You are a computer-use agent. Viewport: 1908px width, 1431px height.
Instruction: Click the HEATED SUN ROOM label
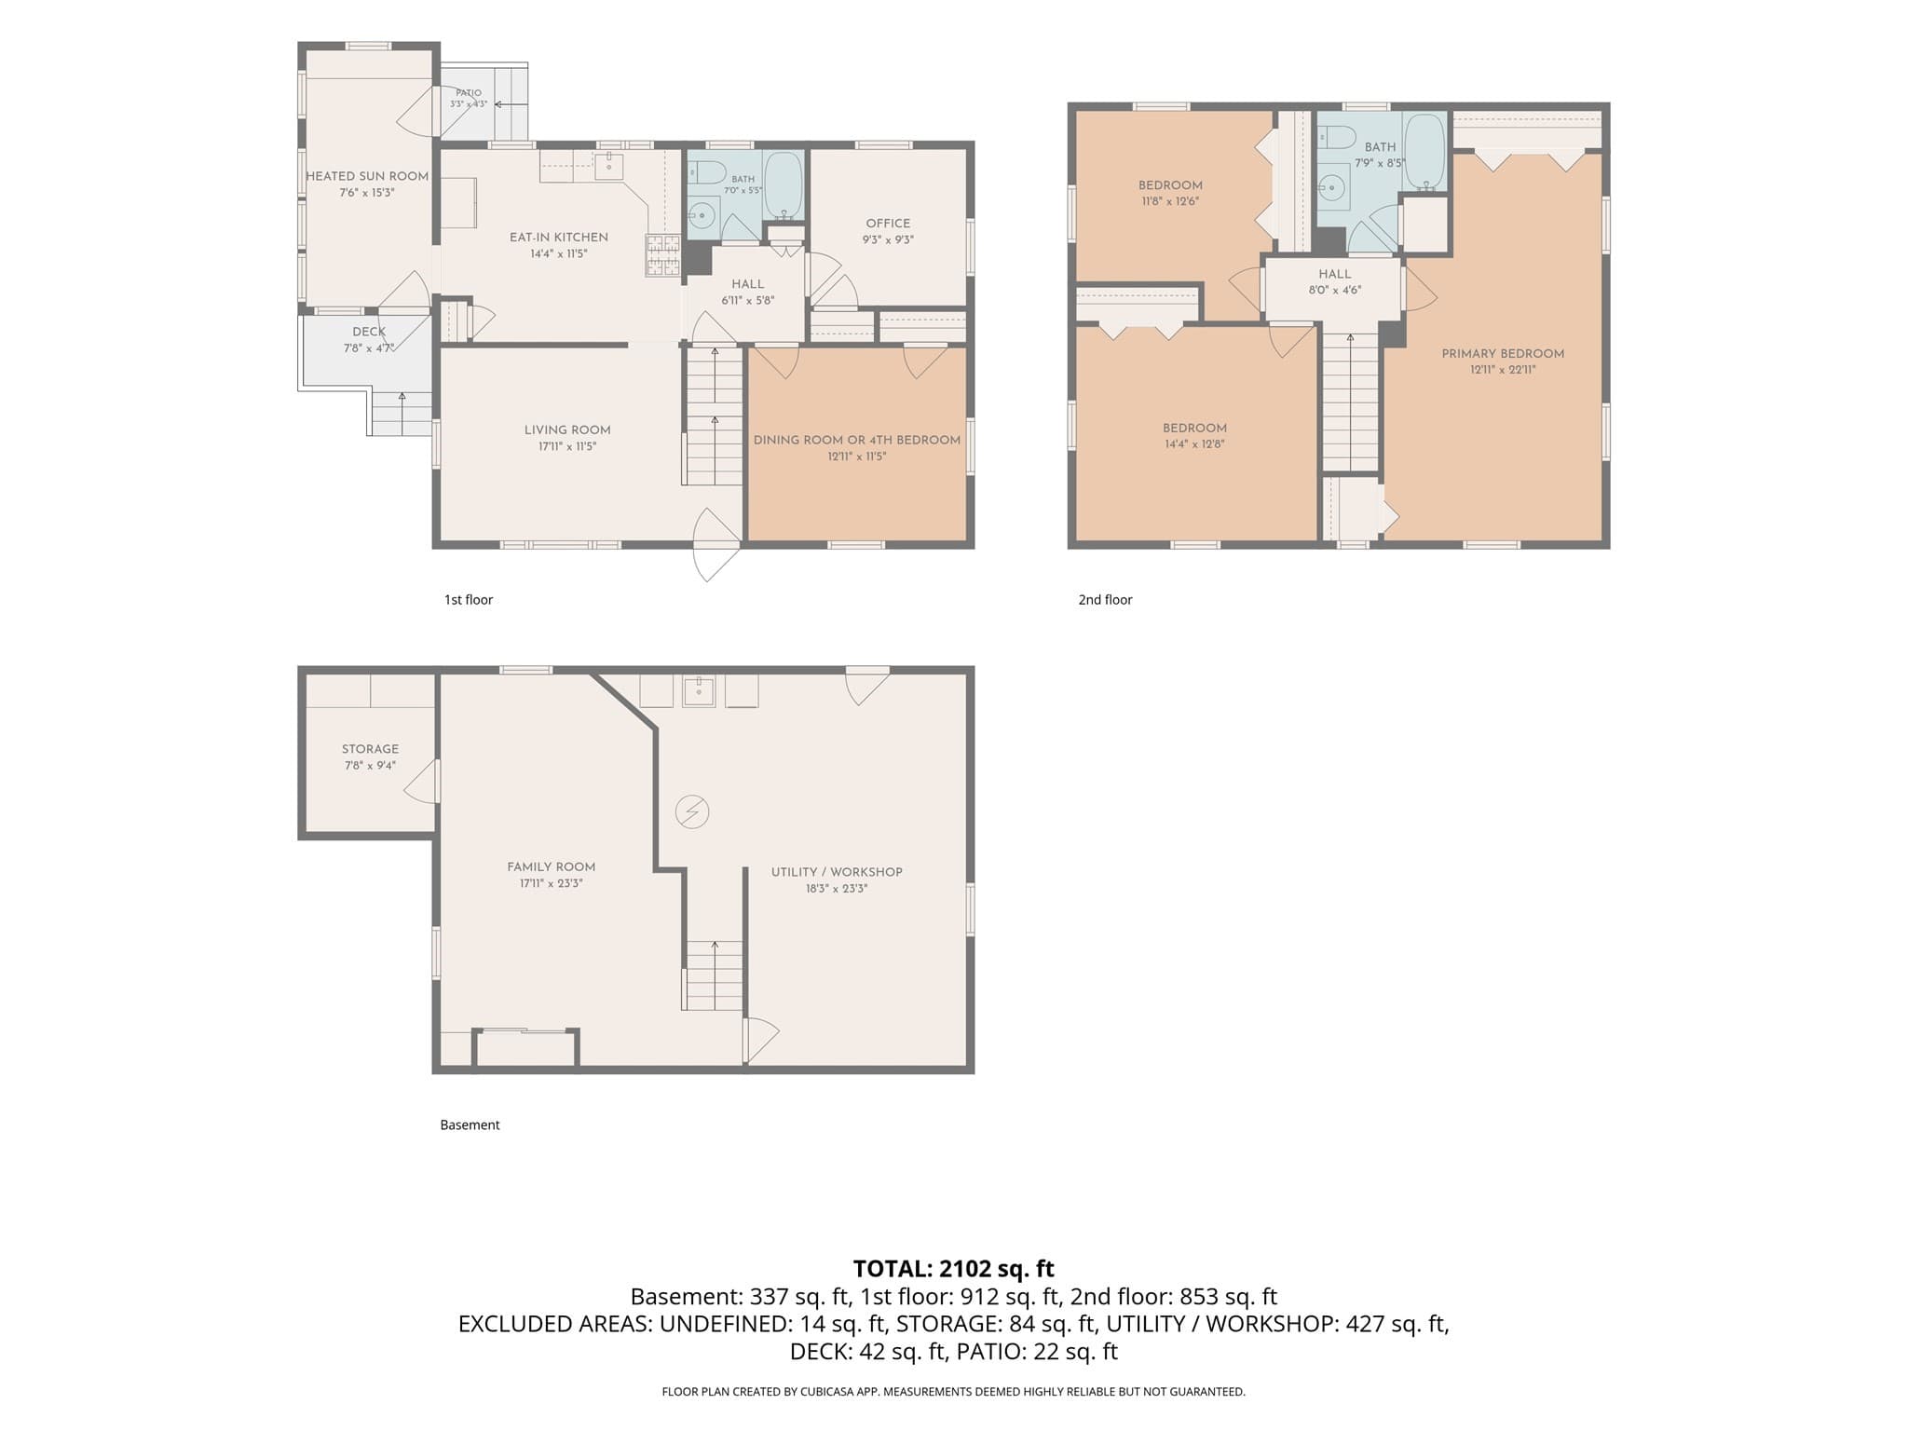point(367,176)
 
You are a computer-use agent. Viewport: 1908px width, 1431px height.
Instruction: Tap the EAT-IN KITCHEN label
point(559,238)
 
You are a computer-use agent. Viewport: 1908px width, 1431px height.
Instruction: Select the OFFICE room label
point(888,224)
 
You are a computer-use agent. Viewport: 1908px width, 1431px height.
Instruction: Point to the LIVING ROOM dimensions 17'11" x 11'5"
point(567,446)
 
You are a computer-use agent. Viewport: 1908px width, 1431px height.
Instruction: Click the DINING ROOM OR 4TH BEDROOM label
point(857,440)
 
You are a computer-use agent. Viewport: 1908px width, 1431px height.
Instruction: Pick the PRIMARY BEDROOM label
point(1503,353)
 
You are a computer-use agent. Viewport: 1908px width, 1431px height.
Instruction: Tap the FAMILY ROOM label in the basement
point(551,866)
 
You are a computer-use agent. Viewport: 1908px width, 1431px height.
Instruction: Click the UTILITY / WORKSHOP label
point(837,872)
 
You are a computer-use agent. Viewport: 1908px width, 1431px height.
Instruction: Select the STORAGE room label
point(370,749)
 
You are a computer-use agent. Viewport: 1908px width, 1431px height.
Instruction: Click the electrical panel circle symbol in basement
point(692,812)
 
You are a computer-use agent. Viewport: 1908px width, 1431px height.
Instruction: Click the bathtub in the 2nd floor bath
point(1424,152)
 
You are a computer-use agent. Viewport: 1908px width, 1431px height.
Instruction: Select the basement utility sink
point(699,690)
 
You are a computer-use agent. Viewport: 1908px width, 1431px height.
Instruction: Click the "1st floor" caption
point(469,600)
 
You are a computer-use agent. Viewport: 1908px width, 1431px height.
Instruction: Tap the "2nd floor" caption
point(1105,600)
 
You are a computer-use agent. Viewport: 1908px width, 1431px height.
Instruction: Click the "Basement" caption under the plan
point(470,1125)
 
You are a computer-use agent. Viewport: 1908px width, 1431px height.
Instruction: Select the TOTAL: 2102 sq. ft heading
point(954,1269)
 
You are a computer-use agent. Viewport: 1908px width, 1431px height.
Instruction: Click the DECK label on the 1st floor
point(369,332)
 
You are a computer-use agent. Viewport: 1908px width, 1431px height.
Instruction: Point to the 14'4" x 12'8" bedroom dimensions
point(1194,444)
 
